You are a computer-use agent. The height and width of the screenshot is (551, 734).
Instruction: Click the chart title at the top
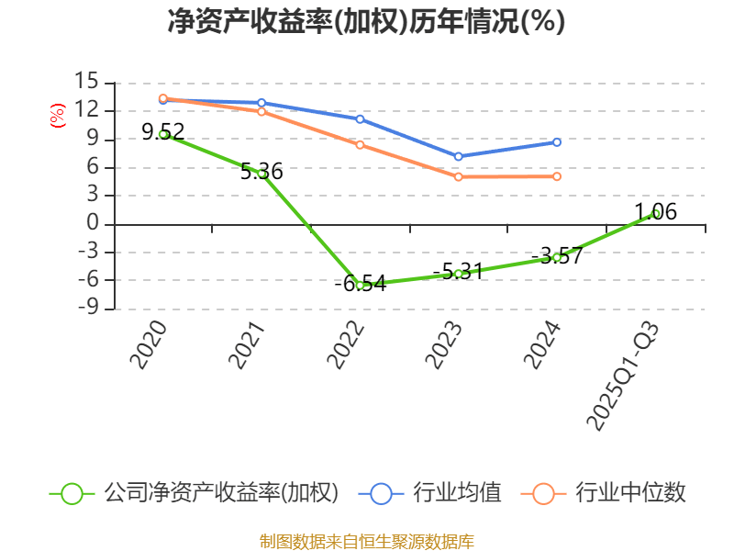[366, 21]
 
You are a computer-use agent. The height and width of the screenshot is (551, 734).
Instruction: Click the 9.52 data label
[163, 131]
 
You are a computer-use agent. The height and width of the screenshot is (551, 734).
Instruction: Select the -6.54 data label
[361, 283]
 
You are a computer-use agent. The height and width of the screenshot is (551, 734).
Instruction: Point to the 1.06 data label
[656, 212]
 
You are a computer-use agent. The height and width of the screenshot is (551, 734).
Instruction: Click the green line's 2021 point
[261, 174]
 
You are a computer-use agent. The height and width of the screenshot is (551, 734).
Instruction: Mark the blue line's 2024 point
[557, 142]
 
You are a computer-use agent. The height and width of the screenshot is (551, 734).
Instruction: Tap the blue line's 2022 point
[360, 119]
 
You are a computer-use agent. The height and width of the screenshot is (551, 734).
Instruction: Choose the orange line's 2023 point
[459, 176]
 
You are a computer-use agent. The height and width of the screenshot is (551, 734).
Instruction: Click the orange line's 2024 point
[557, 176]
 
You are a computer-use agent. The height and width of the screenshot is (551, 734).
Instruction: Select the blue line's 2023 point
[459, 156]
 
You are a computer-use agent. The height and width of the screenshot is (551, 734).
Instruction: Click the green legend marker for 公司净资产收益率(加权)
[72, 493]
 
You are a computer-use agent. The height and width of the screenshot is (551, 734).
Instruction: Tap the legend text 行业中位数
[630, 493]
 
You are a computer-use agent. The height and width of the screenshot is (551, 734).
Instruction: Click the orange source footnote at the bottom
[366, 541]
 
